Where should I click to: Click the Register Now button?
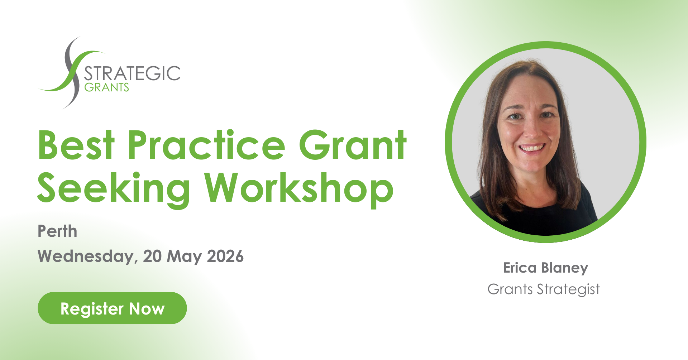click(x=112, y=308)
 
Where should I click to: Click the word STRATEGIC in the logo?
click(x=132, y=73)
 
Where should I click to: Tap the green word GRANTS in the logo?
click(x=106, y=87)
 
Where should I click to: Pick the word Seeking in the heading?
click(x=113, y=189)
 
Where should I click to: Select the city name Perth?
click(x=57, y=231)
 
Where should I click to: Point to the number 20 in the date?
click(x=152, y=256)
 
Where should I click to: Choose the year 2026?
click(x=225, y=256)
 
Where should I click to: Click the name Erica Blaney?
click(x=545, y=268)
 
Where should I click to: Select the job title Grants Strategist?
click(x=544, y=289)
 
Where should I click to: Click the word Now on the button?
click(x=147, y=309)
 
